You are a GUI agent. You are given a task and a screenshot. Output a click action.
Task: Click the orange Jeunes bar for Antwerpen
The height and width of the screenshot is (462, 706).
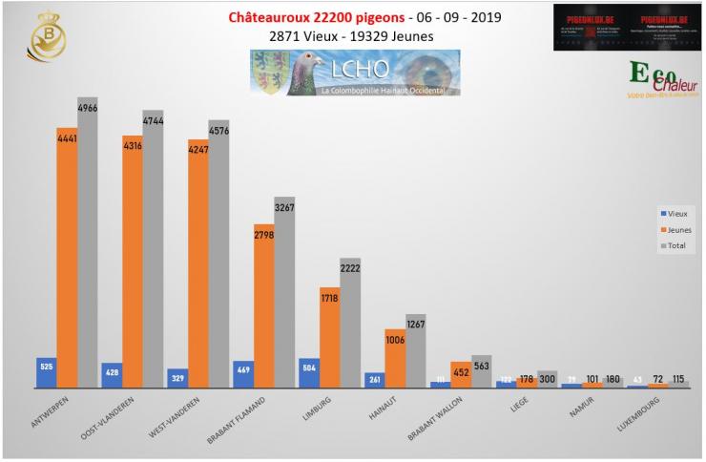67,258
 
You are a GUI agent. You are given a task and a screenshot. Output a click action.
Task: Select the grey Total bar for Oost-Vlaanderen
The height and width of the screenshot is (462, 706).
153,248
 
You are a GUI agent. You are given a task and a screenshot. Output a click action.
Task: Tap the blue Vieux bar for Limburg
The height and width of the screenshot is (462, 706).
308,373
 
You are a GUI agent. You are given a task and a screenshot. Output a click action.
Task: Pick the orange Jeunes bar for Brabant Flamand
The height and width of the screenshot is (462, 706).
264,305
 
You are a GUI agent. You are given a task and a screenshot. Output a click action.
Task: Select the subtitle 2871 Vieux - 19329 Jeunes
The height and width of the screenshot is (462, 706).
353,36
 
